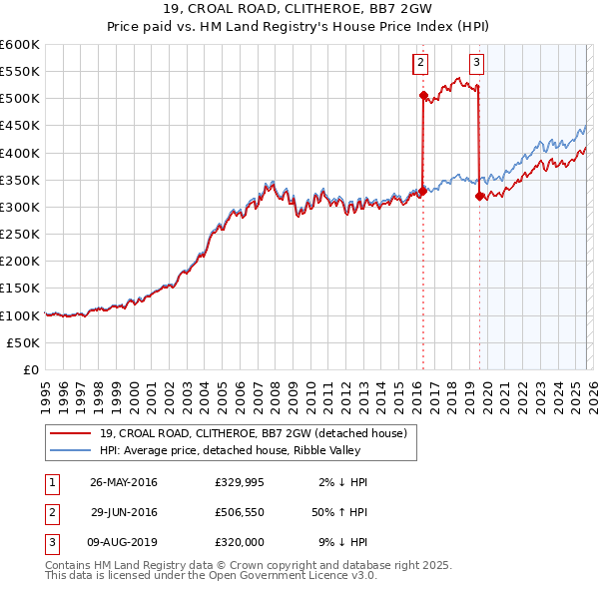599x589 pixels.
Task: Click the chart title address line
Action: [x=299, y=10]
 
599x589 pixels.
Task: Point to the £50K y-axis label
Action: [x=23, y=342]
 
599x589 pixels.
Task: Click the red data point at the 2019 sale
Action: [x=480, y=197]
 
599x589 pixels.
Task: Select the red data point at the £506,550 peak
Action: [x=423, y=96]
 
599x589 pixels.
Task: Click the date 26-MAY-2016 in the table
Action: [x=123, y=482]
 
